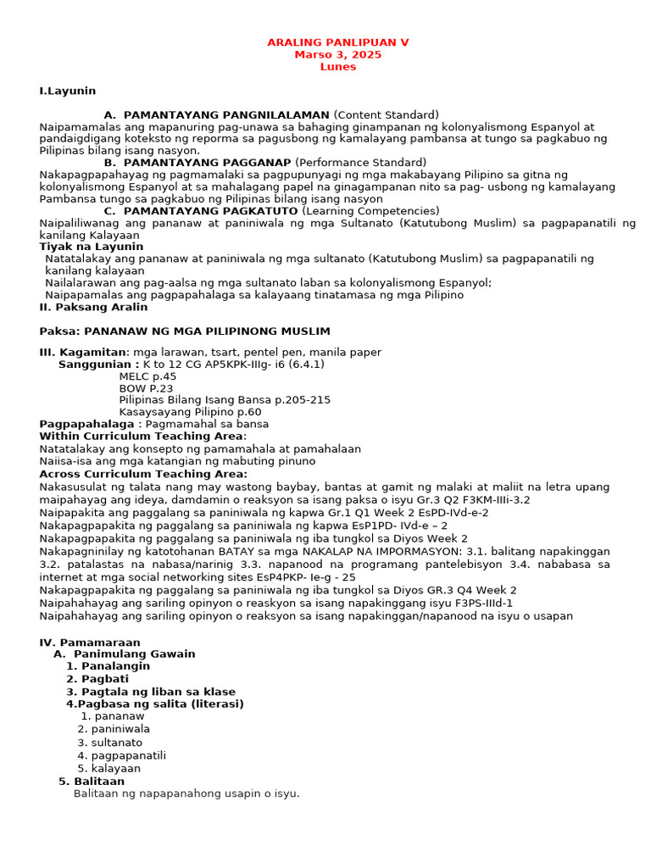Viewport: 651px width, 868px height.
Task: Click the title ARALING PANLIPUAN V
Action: click(x=337, y=42)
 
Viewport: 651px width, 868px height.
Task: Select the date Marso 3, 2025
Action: click(x=337, y=55)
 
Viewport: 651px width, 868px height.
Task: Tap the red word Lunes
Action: click(x=337, y=67)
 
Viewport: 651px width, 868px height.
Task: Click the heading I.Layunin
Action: click(x=68, y=91)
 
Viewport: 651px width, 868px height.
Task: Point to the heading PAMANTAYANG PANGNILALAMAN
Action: click(x=226, y=115)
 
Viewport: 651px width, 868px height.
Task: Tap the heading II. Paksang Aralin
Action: click(x=94, y=307)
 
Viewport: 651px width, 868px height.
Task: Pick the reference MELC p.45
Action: click(x=147, y=376)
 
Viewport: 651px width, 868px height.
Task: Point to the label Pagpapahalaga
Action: click(x=86, y=424)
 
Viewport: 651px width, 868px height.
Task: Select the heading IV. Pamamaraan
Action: click(x=90, y=643)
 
